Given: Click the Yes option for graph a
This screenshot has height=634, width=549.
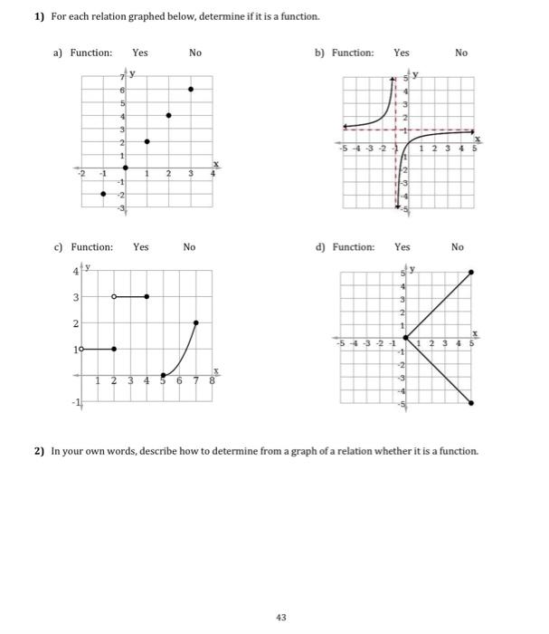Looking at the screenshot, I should (x=140, y=53).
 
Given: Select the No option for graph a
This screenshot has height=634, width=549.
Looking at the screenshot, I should (x=195, y=53).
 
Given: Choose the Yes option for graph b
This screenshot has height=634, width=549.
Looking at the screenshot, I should (x=402, y=53).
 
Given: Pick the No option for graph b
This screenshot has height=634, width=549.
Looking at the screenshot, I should (x=461, y=53).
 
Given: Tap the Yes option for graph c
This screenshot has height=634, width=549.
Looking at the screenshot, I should (x=141, y=246).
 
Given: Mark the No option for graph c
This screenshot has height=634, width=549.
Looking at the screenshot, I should (x=189, y=246).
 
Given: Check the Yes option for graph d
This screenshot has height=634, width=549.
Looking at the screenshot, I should (x=402, y=246).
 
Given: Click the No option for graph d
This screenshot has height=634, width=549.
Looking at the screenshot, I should (x=457, y=246).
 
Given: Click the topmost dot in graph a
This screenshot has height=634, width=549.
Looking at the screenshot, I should (x=190, y=89).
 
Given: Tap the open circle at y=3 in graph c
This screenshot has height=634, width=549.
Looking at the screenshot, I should (x=113, y=296).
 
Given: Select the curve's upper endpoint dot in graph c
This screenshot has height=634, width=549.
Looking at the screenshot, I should (x=197, y=322).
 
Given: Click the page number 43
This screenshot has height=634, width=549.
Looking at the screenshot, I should (x=280, y=617).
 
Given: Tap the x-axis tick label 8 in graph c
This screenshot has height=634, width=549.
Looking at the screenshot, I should (x=212, y=381).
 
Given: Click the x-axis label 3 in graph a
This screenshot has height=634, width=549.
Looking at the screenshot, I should (x=190, y=173).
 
